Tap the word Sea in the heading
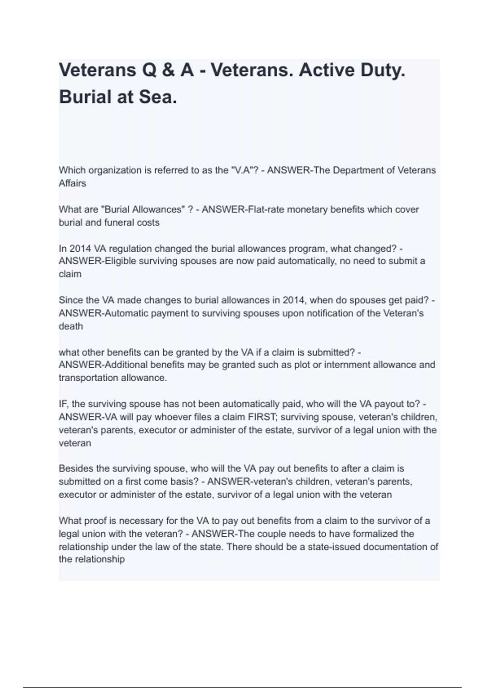pos(158,97)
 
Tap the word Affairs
pos(72,183)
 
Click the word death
pos(71,326)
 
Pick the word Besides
pos(75,468)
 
